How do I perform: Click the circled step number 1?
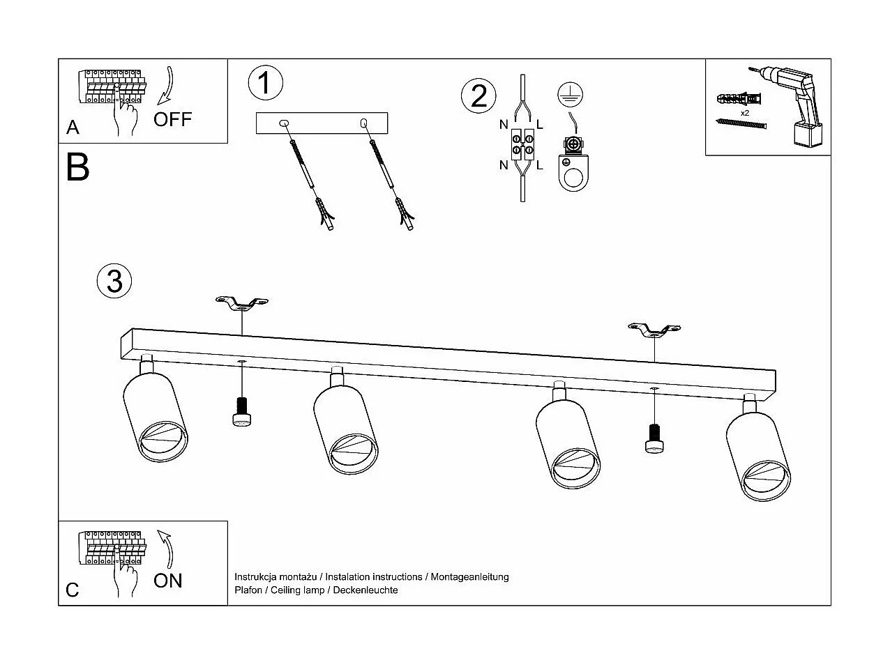coord(265,83)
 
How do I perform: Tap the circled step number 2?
coord(478,96)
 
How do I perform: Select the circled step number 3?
coord(114,281)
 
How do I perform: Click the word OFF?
coord(172,119)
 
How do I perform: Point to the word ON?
coord(168,581)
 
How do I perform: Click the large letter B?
coord(77,167)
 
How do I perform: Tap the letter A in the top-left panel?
coord(73,127)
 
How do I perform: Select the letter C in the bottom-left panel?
coord(72,590)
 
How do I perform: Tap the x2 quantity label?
coord(745,113)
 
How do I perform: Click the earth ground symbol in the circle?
coord(570,95)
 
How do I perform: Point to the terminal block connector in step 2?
coord(522,144)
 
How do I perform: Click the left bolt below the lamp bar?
coord(241,412)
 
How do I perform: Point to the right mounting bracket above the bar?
coord(654,330)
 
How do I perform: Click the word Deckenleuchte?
coord(365,590)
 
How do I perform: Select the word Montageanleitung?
coord(469,577)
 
